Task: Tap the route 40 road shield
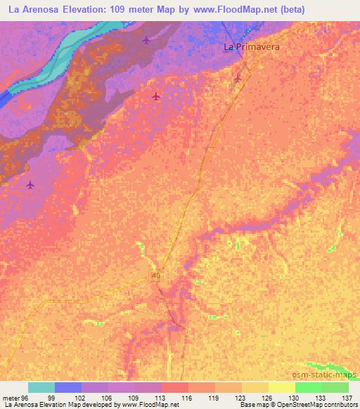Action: (x=156, y=277)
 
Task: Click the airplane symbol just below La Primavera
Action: (x=238, y=78)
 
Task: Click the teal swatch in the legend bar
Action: (x=41, y=387)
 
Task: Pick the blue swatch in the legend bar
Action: (x=68, y=387)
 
